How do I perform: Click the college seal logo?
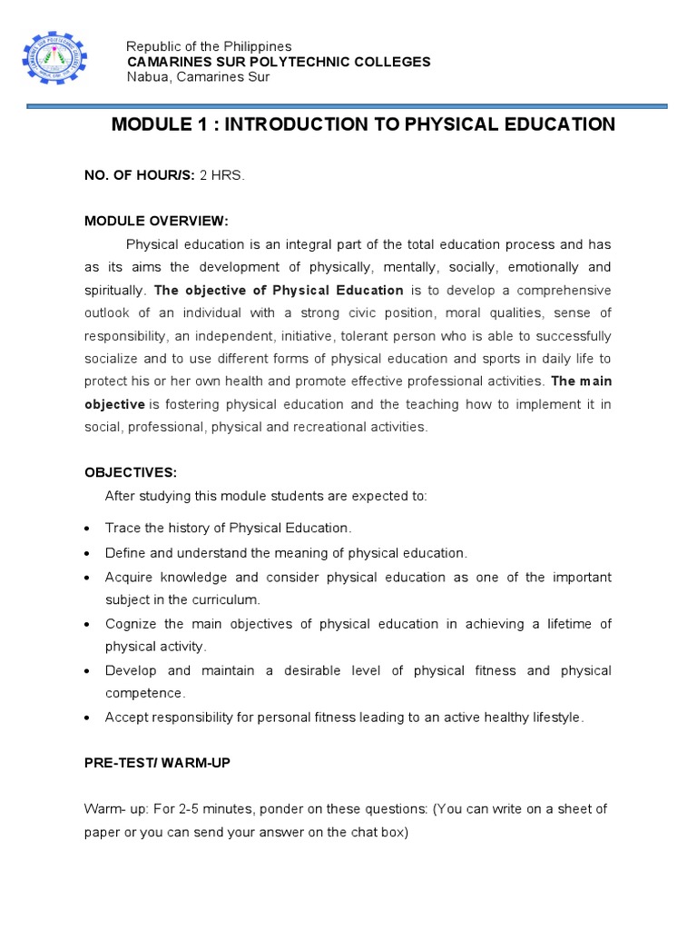[54, 62]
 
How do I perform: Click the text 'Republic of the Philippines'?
[209, 46]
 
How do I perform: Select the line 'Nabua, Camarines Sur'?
[197, 76]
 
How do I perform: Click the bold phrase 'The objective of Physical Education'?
[279, 291]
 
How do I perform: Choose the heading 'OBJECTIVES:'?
[131, 473]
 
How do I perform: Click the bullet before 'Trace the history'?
[85, 529]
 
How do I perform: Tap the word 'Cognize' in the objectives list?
[132, 623]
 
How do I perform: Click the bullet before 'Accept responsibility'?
[85, 718]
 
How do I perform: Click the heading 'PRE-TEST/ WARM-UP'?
[157, 763]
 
